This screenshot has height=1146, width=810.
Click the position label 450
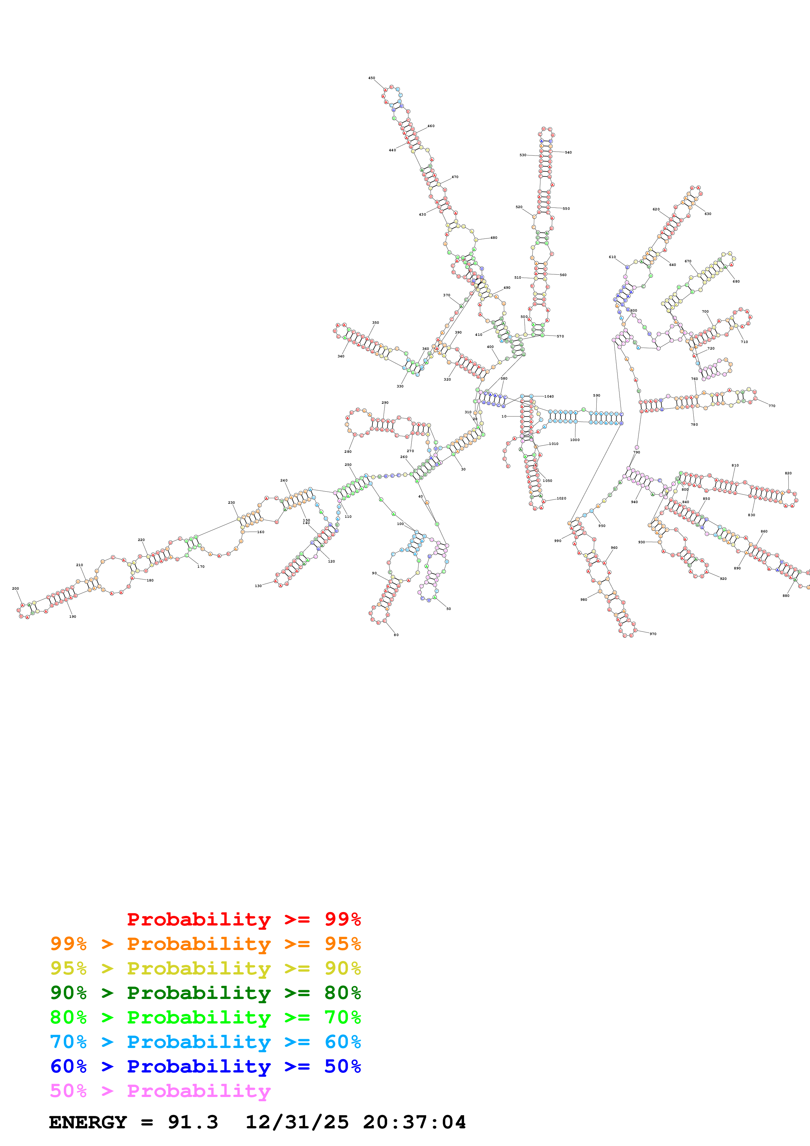[x=371, y=78]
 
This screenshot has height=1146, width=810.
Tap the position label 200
[x=15, y=588]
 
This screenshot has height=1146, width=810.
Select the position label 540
[x=568, y=152]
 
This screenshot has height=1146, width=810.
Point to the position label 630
[x=708, y=214]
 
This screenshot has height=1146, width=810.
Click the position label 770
[x=771, y=406]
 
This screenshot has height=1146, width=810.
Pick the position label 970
[x=653, y=634]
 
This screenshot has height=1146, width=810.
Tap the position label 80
[x=396, y=635]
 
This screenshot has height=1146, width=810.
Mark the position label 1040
[x=549, y=396]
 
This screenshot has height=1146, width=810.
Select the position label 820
[x=788, y=473]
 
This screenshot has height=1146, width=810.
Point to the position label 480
[x=494, y=237]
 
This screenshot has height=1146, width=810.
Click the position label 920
[x=723, y=579]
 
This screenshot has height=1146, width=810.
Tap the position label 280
[x=348, y=452]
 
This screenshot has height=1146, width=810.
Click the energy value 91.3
[x=193, y=1122]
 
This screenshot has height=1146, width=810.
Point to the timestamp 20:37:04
[x=414, y=1122]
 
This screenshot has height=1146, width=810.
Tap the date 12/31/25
[x=297, y=1122]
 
